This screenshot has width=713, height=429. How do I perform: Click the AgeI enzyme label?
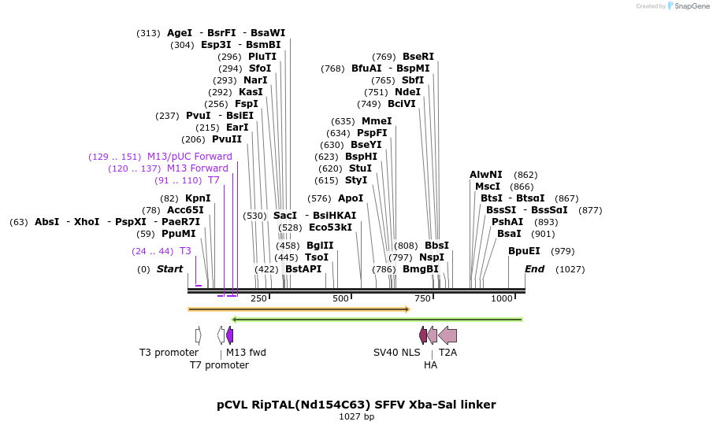pyautogui.click(x=180, y=33)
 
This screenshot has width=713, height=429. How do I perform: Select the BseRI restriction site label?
pyautogui.click(x=418, y=57)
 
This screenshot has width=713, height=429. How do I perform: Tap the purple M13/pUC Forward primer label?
pyautogui.click(x=189, y=157)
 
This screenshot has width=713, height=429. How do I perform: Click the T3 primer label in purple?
pyautogui.click(x=185, y=251)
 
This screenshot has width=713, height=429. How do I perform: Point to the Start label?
pyautogui.click(x=169, y=269)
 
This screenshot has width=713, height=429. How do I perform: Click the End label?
pyautogui.click(x=535, y=269)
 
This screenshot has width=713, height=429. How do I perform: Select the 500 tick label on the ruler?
pyautogui.click(x=340, y=298)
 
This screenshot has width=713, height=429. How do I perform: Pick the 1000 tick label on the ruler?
pyautogui.click(x=502, y=298)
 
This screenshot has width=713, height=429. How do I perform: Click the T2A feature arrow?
pyautogui.click(x=447, y=335)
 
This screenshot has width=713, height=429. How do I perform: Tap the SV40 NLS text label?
pyautogui.click(x=397, y=353)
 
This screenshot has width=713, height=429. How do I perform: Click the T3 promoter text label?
pyautogui.click(x=169, y=353)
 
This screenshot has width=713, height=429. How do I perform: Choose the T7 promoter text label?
pyautogui.click(x=219, y=365)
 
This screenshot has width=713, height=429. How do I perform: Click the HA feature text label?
pyautogui.click(x=430, y=365)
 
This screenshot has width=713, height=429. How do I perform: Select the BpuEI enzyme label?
pyautogui.click(x=524, y=251)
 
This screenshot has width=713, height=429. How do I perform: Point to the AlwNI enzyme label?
pyautogui.click(x=486, y=175)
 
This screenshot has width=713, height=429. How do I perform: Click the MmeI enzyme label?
pyautogui.click(x=377, y=121)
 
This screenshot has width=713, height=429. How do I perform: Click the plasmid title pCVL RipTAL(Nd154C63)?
pyautogui.click(x=356, y=405)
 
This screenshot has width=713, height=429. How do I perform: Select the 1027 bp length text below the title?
pyautogui.click(x=356, y=416)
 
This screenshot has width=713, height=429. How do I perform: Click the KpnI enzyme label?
pyautogui.click(x=198, y=198)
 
